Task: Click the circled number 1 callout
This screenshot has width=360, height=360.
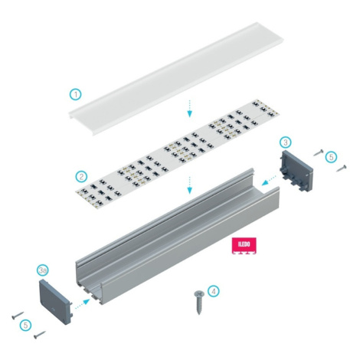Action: tap(76, 94)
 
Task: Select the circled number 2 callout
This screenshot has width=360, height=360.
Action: tap(81, 176)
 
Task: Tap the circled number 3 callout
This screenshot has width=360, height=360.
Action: tap(286, 142)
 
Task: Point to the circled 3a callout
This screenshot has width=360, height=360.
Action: tap(43, 270)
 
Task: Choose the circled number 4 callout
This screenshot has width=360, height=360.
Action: tap(214, 291)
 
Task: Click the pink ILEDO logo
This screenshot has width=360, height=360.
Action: tap(244, 246)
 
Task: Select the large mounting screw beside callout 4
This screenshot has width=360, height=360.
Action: tap(199, 303)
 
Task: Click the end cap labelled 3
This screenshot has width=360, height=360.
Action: tap(296, 171)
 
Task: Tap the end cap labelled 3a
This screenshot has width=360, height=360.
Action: tap(55, 302)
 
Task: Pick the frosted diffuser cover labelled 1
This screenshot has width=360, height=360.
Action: tap(176, 78)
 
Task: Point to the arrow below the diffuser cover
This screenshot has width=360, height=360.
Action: tap(189, 109)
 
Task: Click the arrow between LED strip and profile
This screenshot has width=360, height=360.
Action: tap(189, 185)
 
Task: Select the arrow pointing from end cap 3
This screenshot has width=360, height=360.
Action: tap(269, 180)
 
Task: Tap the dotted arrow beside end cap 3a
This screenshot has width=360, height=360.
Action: tap(83, 304)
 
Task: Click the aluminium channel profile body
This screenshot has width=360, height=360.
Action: tap(177, 237)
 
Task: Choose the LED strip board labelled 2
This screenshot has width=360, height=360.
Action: tap(178, 154)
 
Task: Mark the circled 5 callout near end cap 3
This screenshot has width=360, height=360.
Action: tap(331, 157)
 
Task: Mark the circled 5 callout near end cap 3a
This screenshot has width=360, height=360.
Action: tap(25, 326)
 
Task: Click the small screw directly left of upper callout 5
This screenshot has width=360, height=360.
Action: tap(319, 152)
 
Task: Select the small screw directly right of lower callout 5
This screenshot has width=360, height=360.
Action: tap(40, 335)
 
